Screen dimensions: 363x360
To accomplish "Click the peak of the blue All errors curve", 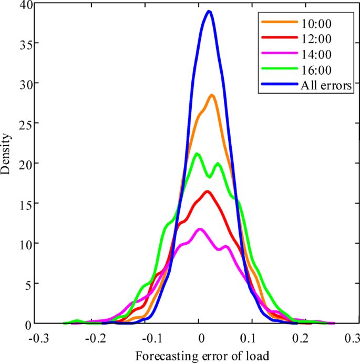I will tap(209, 11).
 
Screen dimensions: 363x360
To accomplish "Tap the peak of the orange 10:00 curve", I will tap(212, 95).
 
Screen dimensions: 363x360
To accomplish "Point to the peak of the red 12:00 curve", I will tap(208, 191).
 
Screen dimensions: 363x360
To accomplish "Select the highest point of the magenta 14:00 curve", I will tap(200, 229).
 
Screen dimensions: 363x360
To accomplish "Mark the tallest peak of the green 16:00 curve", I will tap(198, 154).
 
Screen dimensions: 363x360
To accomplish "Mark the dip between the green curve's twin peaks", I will tap(209, 176).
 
